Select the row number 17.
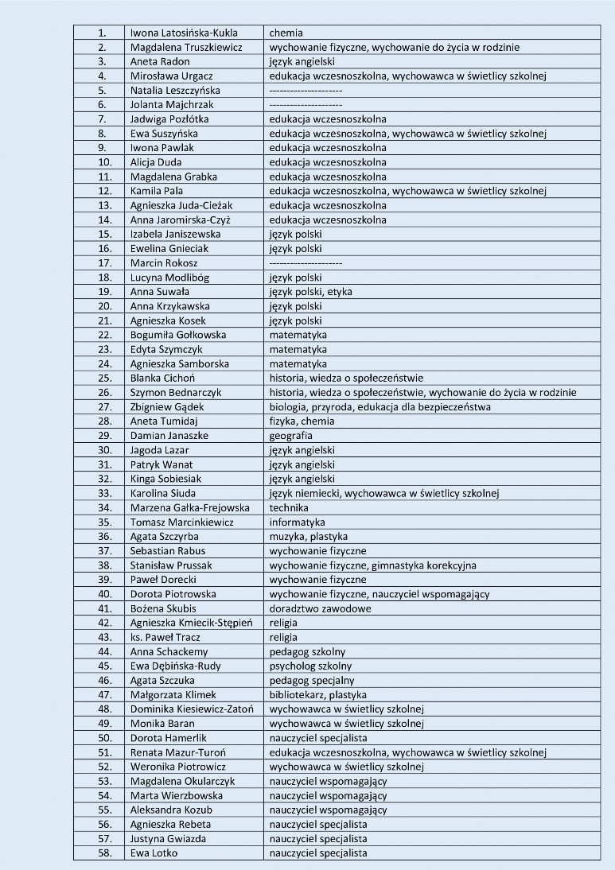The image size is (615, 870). click(x=103, y=262)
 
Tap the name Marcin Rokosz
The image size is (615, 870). click(x=164, y=262)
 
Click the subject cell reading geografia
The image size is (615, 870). click(x=290, y=435)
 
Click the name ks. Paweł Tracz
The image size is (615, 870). click(x=165, y=637)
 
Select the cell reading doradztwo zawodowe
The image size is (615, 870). click(x=320, y=608)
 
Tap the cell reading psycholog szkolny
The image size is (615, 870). click(x=310, y=666)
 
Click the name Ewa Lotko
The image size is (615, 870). click(x=154, y=853)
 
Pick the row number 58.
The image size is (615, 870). click(x=103, y=853)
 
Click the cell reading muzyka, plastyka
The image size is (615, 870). click(x=308, y=536)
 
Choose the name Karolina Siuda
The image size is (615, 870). click(x=162, y=493)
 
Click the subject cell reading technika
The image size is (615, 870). click(x=288, y=507)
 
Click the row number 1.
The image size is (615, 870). click(x=103, y=33)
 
